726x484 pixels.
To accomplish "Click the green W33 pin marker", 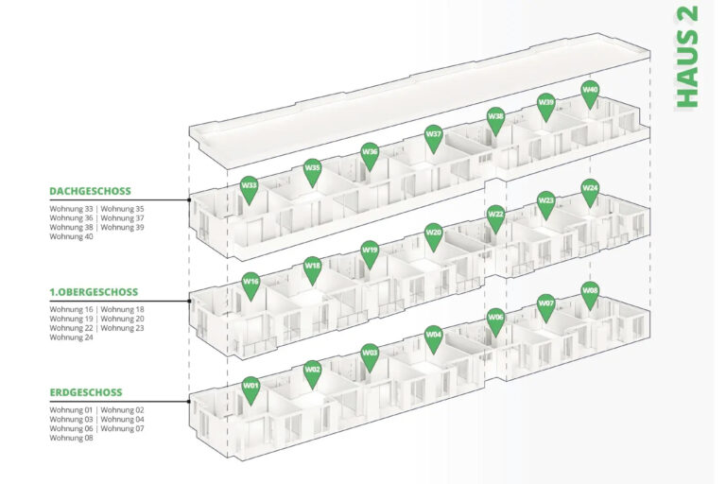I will (x=249, y=187).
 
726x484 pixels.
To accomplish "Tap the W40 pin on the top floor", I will (x=590, y=92).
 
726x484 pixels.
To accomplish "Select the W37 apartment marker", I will (x=433, y=136).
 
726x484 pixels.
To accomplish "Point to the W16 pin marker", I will (x=251, y=283).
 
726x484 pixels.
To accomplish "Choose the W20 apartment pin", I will (x=433, y=233).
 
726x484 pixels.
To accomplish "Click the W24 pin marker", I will (x=590, y=190).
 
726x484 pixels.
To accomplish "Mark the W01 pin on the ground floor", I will (x=251, y=387).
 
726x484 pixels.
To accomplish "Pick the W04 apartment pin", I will (x=433, y=336).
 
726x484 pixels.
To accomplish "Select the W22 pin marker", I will (x=495, y=216).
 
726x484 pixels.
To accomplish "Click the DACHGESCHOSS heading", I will (x=90, y=191).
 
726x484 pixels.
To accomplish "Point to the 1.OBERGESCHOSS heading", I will (x=94, y=292).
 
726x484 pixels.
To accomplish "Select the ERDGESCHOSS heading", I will (x=86, y=392).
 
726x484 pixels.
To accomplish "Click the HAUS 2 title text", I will (x=687, y=58).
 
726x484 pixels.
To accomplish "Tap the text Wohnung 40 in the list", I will (x=72, y=236).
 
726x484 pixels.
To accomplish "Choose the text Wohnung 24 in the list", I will (x=72, y=337).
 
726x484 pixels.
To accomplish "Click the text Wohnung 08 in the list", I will (x=72, y=438).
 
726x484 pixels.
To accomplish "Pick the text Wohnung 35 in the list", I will (x=123, y=208).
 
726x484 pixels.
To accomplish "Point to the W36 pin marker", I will (x=370, y=153).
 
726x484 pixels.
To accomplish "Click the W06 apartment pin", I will (x=495, y=320).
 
